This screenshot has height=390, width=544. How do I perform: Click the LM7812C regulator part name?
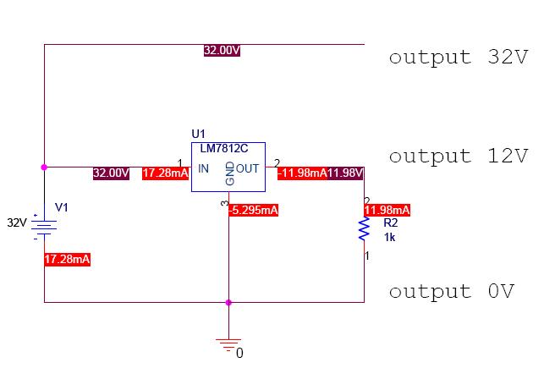[x=223, y=149]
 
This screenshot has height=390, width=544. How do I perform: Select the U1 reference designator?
[x=199, y=134]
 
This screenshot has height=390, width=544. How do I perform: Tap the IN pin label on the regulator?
[x=203, y=168]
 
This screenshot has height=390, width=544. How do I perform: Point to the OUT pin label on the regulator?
[x=247, y=168]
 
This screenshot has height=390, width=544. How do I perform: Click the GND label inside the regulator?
[x=229, y=173]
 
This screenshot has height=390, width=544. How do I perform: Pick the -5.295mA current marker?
[x=253, y=211]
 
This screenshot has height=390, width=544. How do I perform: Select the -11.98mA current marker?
[x=302, y=173]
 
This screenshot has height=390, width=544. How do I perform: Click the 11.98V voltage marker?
[x=345, y=173]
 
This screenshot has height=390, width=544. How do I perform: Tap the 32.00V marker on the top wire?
[x=222, y=50]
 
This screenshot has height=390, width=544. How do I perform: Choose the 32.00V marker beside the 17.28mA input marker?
[x=111, y=173]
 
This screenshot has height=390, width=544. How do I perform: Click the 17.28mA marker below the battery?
[x=68, y=259]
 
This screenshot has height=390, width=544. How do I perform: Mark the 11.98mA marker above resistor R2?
[x=387, y=211]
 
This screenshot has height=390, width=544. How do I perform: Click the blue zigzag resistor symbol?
[x=364, y=228]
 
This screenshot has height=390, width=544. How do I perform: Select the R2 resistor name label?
[x=391, y=222]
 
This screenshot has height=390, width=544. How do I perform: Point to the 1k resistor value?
[x=389, y=238]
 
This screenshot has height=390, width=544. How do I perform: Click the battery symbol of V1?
[x=44, y=227]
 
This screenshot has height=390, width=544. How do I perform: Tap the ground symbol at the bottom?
[x=228, y=345]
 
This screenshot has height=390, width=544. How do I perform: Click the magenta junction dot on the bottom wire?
[x=228, y=303]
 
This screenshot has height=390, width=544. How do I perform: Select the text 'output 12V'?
[x=459, y=157]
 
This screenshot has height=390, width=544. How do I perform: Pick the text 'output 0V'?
[x=452, y=292]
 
